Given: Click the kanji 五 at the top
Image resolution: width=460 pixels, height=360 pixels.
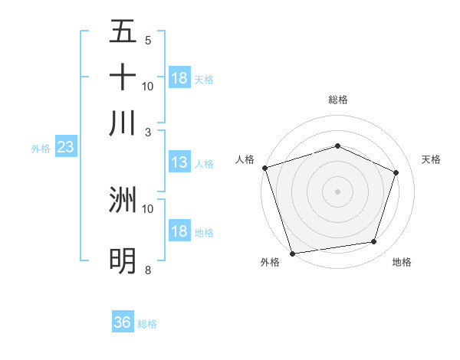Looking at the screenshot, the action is [123, 33].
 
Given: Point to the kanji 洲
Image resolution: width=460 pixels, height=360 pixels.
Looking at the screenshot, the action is [123, 200].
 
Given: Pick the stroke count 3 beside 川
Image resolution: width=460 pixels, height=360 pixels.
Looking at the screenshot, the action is [148, 131].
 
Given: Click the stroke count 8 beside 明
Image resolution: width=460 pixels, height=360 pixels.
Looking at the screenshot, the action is [148, 270].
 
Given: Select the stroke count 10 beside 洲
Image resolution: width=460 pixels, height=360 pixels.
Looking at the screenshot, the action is [148, 208].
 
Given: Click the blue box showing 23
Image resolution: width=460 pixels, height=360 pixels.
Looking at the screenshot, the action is [65, 147].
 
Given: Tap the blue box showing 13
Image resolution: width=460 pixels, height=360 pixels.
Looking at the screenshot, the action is [179, 162].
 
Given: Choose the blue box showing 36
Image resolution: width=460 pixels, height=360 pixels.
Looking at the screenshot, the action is [123, 322].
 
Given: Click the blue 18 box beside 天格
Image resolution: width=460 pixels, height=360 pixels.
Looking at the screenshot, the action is [179, 78].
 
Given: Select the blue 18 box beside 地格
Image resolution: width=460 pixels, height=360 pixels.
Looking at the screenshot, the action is [179, 231].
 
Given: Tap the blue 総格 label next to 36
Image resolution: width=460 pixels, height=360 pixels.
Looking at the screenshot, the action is [147, 324].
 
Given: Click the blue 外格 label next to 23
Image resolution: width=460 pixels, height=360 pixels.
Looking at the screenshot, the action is [41, 149].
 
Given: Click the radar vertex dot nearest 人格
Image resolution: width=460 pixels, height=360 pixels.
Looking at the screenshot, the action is [264, 168].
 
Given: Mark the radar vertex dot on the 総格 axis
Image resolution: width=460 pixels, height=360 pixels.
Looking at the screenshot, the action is [337, 146].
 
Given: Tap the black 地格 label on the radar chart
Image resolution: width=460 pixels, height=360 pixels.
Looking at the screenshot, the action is [402, 263].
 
